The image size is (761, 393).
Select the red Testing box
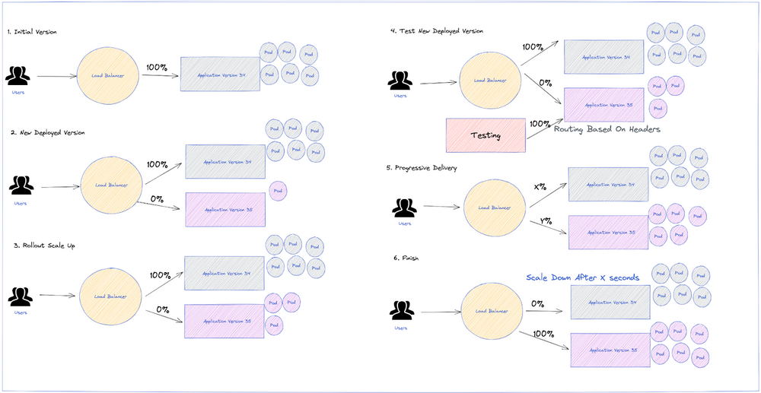pos(486,135)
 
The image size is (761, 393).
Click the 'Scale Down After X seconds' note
pos(583,277)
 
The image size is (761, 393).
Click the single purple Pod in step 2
pos(278,191)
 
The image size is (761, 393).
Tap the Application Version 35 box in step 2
pos(225,209)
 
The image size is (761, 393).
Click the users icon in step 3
pos(21,296)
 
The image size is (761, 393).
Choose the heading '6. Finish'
pos(406,258)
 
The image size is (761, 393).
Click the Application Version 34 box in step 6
pos(610,303)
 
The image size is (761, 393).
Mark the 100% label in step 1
pos(157,68)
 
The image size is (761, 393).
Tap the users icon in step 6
pos(401,310)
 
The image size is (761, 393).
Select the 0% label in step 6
pos(537,304)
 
